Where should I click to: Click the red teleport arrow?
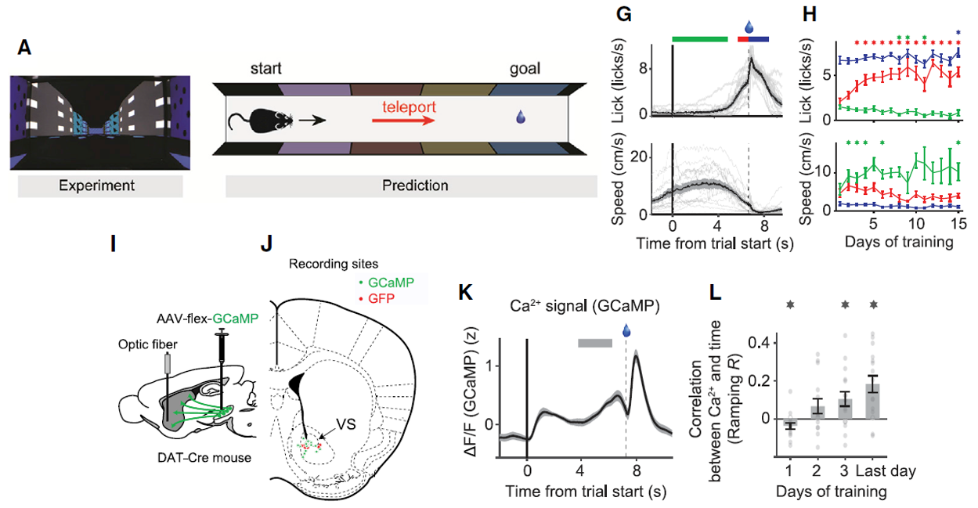[402, 121]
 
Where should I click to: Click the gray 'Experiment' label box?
[96, 186]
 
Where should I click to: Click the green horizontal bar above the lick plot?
[700, 38]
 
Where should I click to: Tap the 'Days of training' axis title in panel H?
[898, 243]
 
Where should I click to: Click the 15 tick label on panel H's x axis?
[957, 225]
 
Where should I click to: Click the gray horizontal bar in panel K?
[596, 342]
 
